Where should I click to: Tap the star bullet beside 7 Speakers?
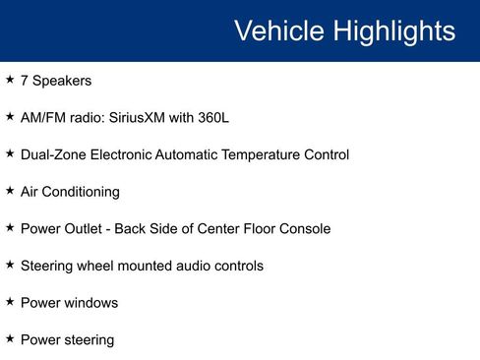10,80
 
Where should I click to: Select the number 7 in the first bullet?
25,81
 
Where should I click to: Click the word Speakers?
62,81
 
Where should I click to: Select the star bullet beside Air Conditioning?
10,191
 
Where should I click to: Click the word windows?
91,303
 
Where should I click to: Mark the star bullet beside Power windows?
10,302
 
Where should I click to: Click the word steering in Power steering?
89,340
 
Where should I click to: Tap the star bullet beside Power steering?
10,339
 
